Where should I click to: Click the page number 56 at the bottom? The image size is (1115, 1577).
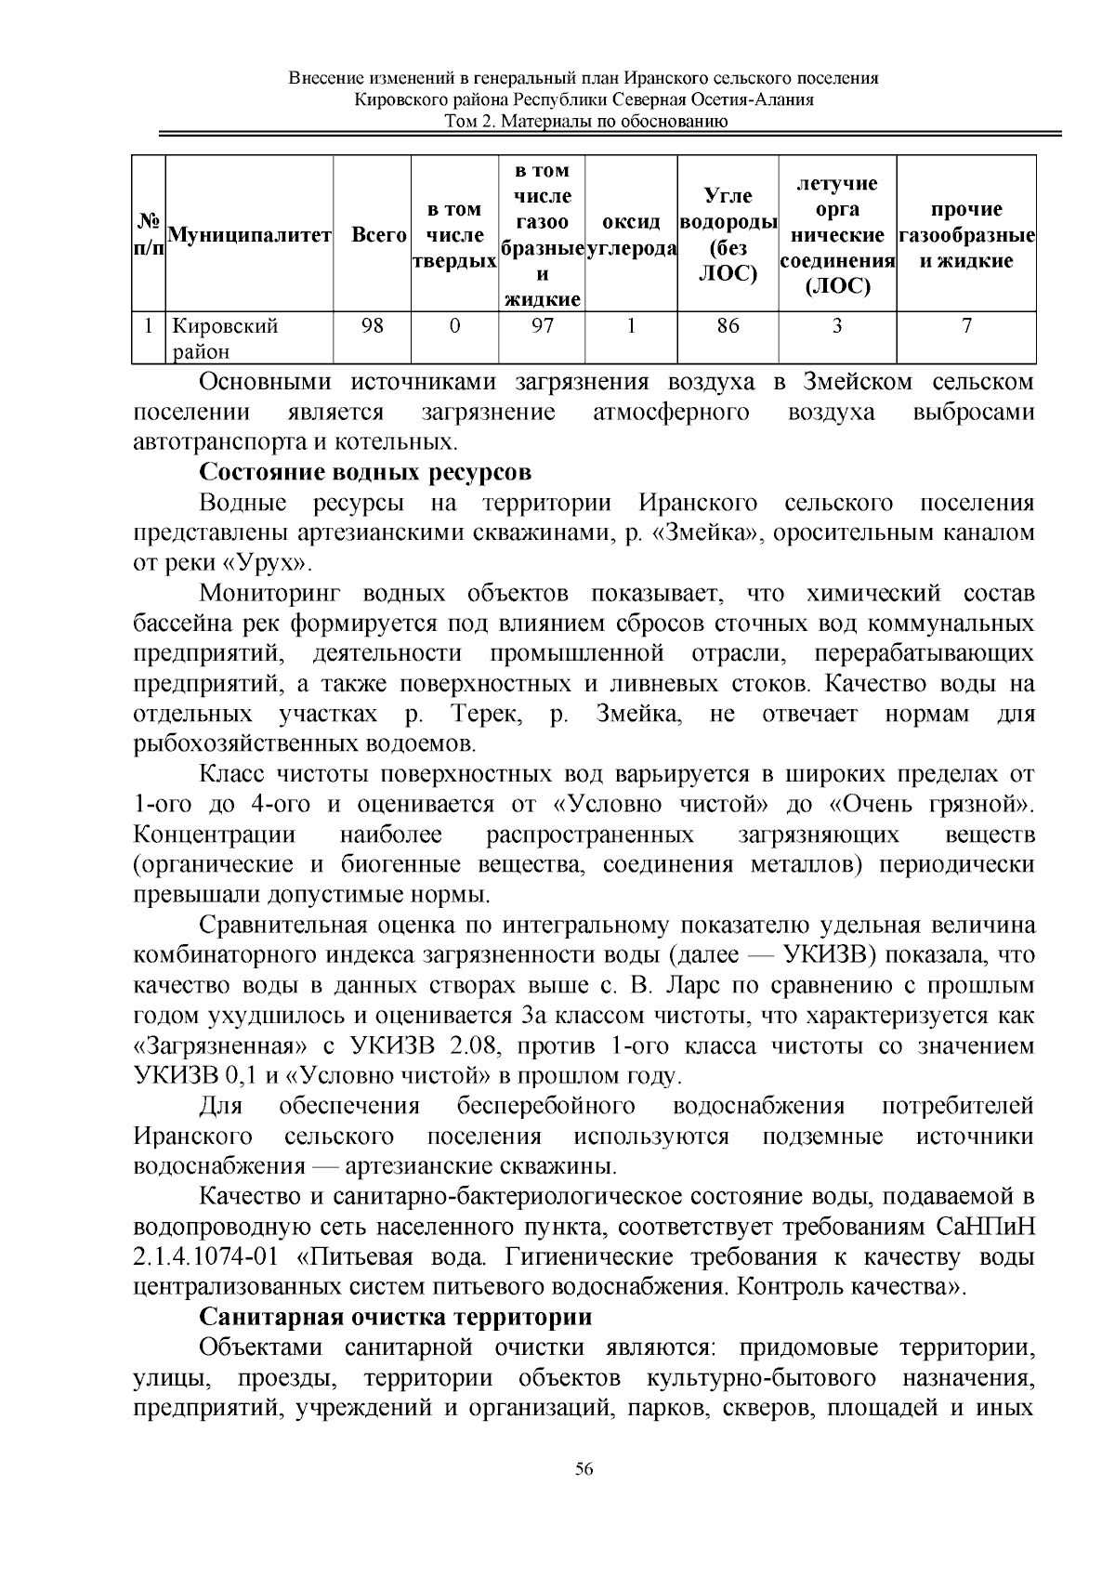(584, 1468)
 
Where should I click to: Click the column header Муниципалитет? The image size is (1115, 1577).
(248, 236)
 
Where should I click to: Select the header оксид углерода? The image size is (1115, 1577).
(631, 236)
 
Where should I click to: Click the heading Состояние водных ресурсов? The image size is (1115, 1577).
(365, 472)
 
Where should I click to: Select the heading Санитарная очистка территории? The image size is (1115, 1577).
(396, 1318)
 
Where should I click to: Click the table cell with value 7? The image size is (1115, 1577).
(967, 326)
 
